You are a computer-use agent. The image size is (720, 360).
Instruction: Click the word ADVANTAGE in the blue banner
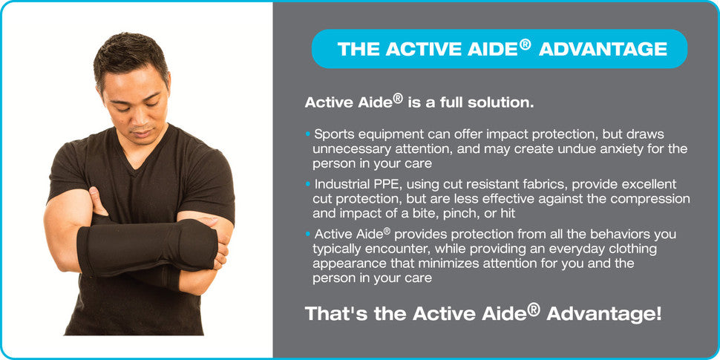point(603,49)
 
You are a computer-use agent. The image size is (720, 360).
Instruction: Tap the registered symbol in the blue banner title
point(526,44)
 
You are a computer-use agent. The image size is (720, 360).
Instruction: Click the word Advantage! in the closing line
point(603,314)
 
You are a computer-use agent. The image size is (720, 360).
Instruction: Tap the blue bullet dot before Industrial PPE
point(307,185)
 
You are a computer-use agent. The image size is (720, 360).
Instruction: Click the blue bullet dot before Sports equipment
point(307,135)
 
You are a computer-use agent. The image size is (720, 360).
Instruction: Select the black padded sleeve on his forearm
point(146,247)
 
